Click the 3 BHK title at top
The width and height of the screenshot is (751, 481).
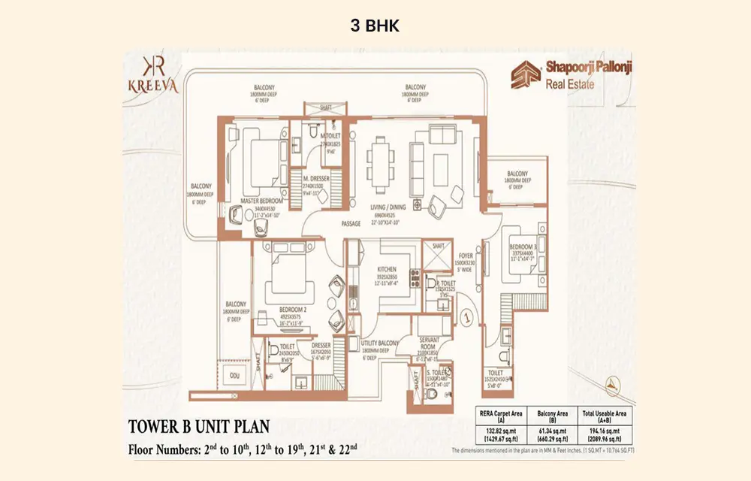click(375, 26)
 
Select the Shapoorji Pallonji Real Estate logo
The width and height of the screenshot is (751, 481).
click(571, 75)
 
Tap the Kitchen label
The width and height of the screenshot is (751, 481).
click(387, 268)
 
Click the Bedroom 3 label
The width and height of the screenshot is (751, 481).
click(521, 247)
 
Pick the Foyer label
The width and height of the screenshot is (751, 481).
click(466, 256)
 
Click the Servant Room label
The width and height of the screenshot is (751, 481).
click(433, 343)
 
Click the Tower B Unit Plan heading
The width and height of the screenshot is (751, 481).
click(198, 428)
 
